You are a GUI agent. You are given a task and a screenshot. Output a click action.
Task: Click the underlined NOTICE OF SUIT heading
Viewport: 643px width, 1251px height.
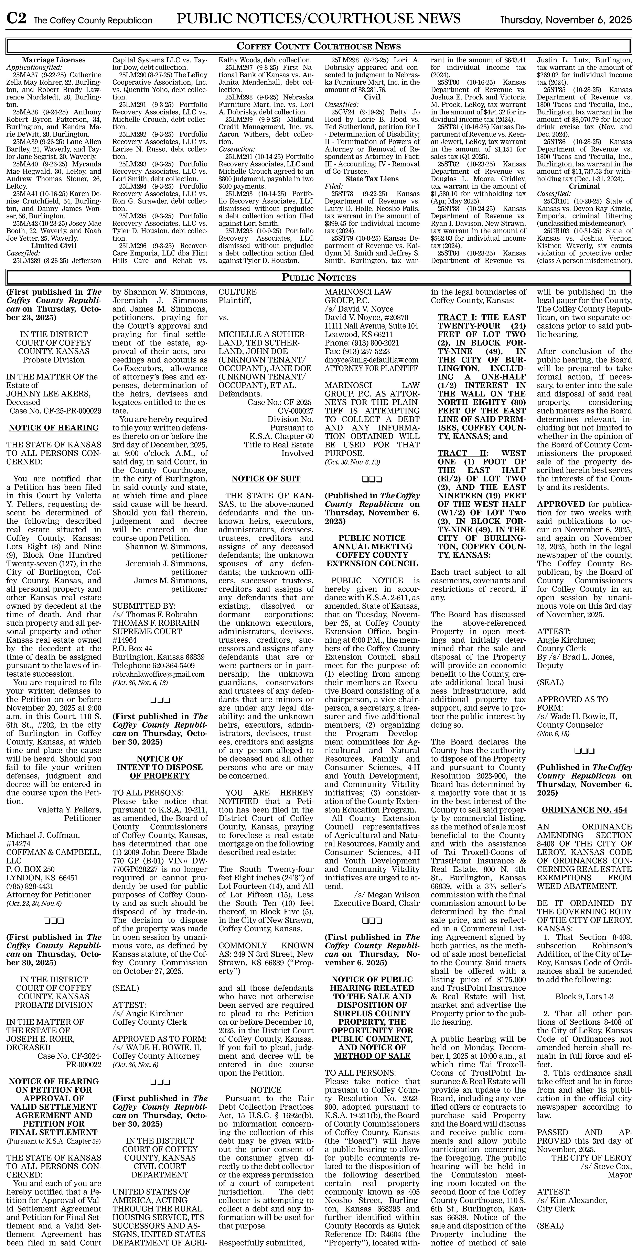(266, 479)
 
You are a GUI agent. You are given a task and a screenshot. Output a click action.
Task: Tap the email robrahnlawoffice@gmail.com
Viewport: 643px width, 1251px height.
(158, 674)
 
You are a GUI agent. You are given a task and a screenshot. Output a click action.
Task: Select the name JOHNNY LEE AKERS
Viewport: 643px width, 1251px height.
(49, 394)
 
